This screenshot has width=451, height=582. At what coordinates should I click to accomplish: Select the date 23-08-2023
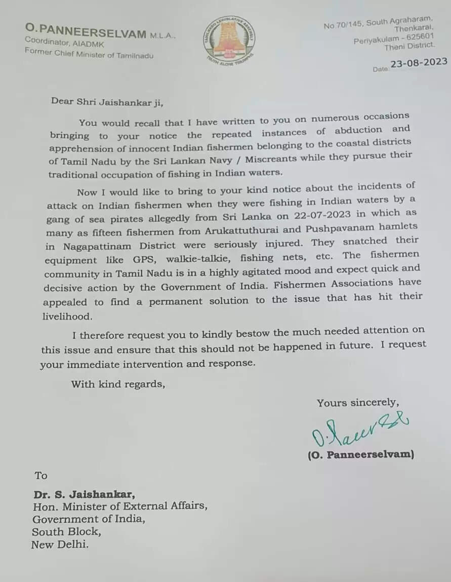(x=418, y=62)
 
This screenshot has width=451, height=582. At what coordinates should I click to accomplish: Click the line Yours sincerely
(x=357, y=403)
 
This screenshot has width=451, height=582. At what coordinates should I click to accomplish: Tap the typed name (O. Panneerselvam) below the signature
(x=360, y=454)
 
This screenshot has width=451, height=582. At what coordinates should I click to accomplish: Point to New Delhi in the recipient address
(x=60, y=545)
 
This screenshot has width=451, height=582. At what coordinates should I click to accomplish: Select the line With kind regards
(x=118, y=383)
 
